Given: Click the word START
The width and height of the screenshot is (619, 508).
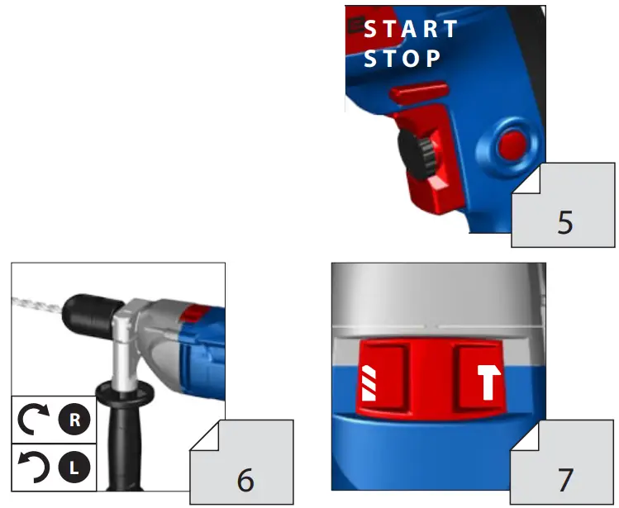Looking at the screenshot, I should click(411, 29).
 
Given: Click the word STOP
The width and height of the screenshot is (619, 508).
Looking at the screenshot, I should click(403, 59).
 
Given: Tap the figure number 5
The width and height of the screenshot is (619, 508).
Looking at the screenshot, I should click(565, 222).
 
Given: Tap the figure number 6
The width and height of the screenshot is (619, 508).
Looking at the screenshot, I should click(245, 479).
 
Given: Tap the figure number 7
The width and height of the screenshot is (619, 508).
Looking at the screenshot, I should click(565, 479).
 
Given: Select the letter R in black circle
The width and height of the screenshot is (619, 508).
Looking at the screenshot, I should click(74, 419).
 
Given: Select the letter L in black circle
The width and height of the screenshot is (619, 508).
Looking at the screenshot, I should click(74, 467).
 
